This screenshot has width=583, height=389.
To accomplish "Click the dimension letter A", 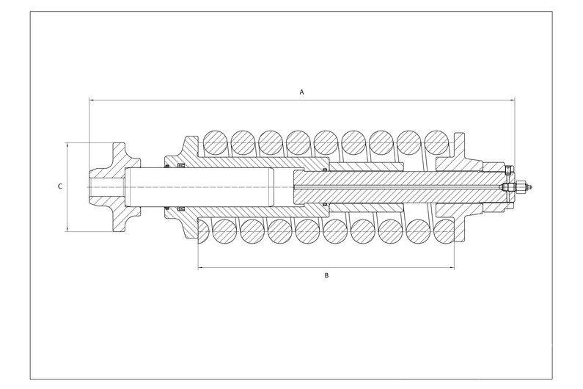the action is point(302,92).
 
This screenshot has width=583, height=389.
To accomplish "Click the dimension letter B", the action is point(326,275).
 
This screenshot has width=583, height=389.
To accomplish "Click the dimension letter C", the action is point(60,186).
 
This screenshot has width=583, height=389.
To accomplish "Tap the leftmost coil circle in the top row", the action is point(215,142).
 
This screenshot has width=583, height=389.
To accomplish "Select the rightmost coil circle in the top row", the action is point(436,142).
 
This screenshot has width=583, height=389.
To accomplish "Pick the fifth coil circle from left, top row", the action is point(326,142).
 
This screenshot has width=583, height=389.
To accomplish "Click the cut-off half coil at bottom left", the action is point(203,230).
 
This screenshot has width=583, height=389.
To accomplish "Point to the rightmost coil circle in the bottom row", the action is point(444,231).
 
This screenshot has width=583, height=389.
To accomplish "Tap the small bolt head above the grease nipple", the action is point(509,170).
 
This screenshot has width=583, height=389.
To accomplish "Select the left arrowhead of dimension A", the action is point(92,100).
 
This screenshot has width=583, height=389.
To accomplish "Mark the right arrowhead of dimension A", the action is point(513,100).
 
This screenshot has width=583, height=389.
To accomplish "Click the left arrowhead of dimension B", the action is point(200,268).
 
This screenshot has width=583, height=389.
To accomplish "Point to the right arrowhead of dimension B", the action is point(452,268).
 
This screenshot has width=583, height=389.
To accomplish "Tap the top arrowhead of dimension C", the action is point(67,145).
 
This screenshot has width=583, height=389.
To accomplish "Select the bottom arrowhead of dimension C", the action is point(67,228).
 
